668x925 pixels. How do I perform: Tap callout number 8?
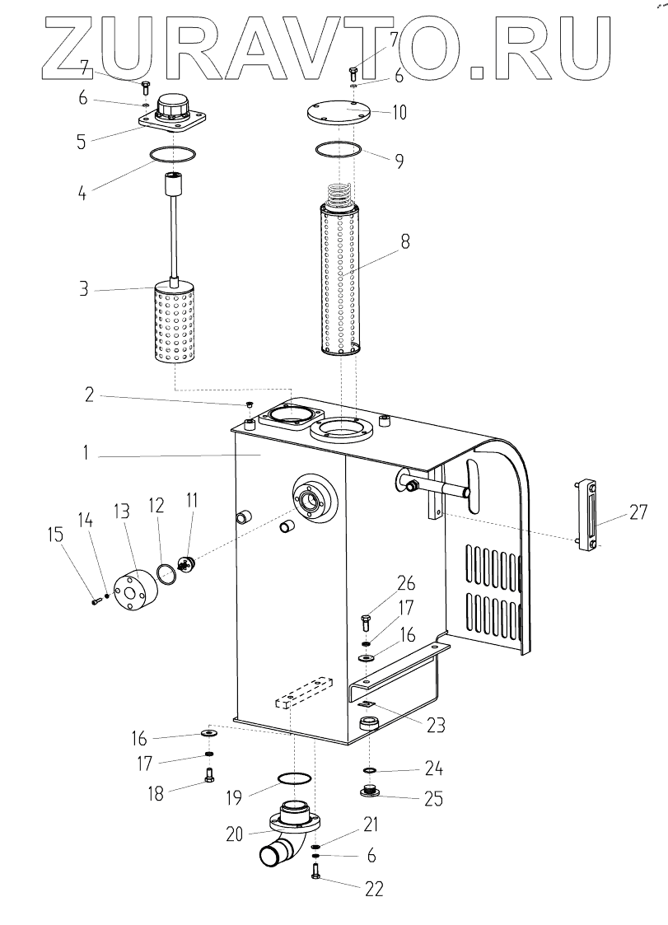tap(405, 243)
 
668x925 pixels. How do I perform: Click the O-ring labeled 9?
tap(339, 149)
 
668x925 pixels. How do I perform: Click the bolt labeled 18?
tap(208, 775)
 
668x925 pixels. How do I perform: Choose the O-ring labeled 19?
tap(294, 780)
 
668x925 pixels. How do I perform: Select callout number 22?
tap(373, 889)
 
